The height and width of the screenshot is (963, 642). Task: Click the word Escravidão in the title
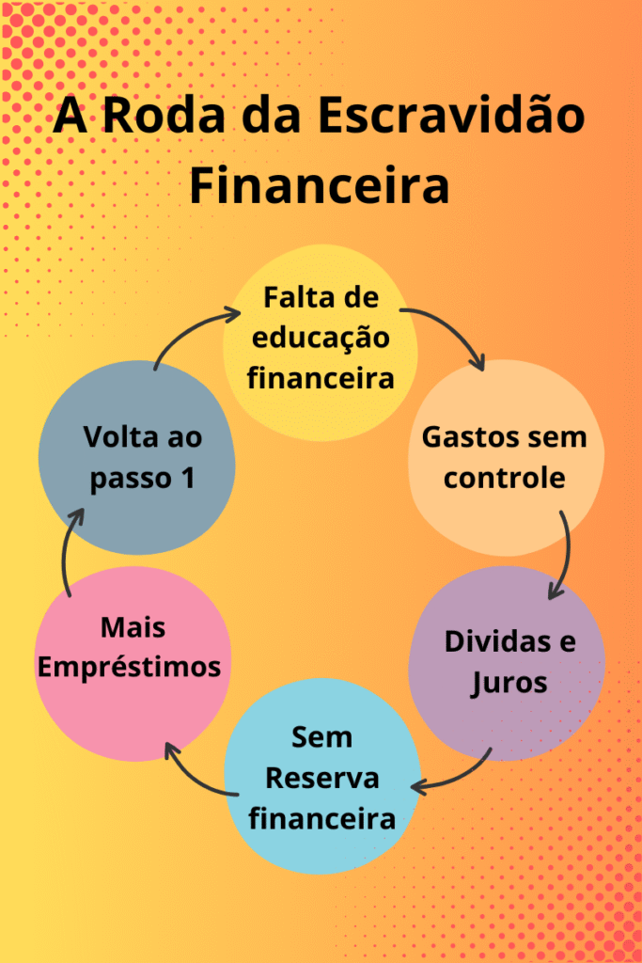451,117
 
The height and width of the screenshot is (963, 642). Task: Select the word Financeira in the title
320,184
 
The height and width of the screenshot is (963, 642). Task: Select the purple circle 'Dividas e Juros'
508,663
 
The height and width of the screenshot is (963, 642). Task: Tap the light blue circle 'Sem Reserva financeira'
321,777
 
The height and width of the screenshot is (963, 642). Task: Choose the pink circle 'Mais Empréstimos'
134,664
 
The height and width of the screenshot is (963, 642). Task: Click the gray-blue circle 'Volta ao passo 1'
137,458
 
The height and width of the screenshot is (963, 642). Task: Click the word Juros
509,682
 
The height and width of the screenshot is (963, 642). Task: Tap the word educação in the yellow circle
320,339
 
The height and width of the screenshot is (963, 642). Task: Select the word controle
505,478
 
